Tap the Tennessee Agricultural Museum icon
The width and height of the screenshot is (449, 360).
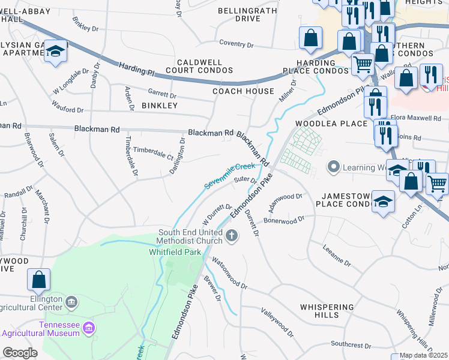click(x=89, y=328)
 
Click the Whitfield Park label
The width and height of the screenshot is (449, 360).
click(x=175, y=253)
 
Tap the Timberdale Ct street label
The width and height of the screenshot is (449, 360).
click(x=153, y=153)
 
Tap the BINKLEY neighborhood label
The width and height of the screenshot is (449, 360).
click(x=159, y=106)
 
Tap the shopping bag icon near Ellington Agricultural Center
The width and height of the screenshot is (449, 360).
click(x=38, y=280)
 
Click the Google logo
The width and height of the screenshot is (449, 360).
click(x=20, y=353)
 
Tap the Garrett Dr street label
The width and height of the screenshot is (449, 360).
click(x=162, y=95)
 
